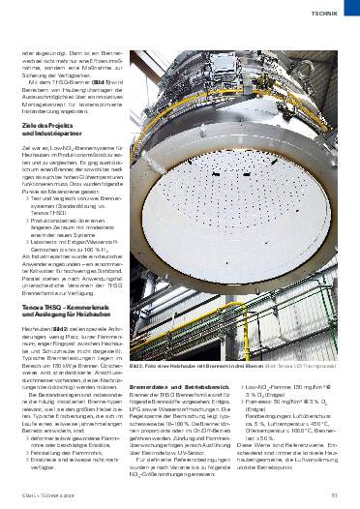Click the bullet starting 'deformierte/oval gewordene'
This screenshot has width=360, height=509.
(x=72, y=443)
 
